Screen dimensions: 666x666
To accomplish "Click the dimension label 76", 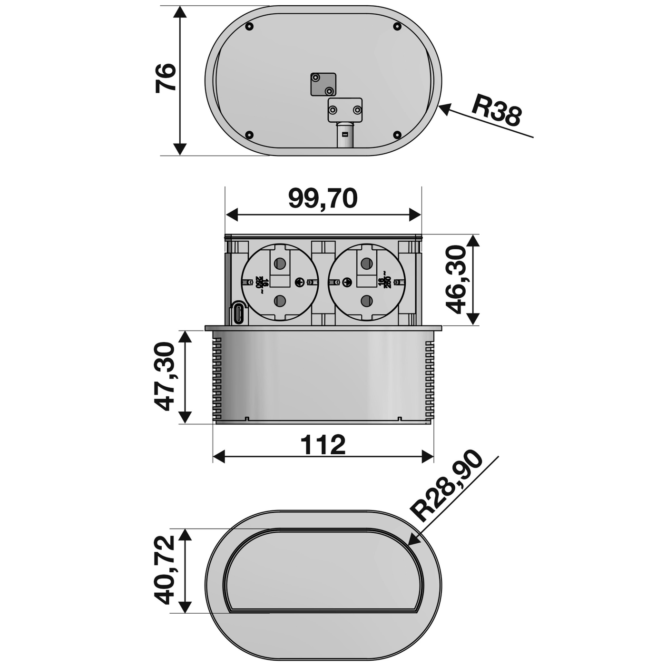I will coord(166,78).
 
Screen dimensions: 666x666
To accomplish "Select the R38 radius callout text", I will coord(496,110).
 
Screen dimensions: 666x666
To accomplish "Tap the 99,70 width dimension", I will coord(323,198).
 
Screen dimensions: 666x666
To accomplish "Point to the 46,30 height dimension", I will coord(457,280).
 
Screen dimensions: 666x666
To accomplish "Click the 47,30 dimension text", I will coord(166,376).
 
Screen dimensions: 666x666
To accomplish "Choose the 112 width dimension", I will coord(323,445).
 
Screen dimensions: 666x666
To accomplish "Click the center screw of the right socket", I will coord(347,282).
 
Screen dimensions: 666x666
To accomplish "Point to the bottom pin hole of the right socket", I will coord(366,301).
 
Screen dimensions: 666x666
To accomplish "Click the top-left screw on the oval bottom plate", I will coord(249,27).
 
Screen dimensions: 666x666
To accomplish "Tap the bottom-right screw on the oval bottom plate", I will coord(397,135).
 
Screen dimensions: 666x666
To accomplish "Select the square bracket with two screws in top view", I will coord(323,84).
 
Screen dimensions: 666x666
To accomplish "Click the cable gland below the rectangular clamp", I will coord(345,135).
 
